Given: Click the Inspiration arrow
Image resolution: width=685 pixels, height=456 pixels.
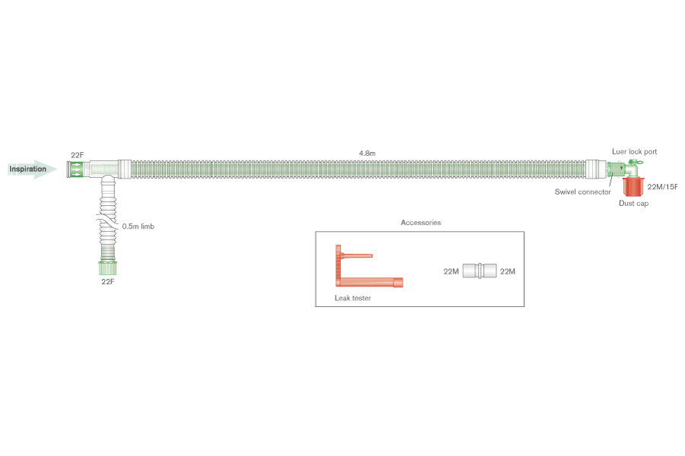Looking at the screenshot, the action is coord(32,169).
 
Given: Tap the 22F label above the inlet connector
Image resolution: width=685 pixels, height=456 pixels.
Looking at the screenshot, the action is coord(78,155).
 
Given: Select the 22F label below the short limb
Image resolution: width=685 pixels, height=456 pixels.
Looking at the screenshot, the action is coord(108,282).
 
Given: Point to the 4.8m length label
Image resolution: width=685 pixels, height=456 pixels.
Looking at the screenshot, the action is coord(367,154).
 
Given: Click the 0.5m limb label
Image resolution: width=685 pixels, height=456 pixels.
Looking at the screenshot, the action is coord(138,226).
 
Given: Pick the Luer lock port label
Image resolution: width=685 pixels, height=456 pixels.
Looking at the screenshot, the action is coord(634,151).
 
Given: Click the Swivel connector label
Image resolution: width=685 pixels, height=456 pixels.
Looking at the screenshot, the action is coord(582,192).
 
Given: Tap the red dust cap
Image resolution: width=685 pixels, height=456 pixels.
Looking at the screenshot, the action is coord(633,186).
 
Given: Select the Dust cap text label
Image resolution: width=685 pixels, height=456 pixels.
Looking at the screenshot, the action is coord(633,204).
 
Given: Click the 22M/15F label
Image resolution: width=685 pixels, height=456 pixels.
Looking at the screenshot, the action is coord(662,187).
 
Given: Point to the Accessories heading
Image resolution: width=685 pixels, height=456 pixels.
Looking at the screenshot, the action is coord(421,223).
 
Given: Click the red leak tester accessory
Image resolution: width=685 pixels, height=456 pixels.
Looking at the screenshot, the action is coord(369,266).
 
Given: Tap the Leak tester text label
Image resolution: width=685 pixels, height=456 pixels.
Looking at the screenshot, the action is coord(352,298).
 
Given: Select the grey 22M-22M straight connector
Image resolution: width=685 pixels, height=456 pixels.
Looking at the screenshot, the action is coord(479,271).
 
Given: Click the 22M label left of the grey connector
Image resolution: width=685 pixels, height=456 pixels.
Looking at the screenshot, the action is coord(451,271).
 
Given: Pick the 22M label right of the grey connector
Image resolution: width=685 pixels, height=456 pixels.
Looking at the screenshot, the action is coord(508,271).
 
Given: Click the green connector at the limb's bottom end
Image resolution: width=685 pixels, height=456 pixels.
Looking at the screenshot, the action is coord(107,268).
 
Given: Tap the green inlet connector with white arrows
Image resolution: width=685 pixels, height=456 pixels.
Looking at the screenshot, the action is coord(75,169).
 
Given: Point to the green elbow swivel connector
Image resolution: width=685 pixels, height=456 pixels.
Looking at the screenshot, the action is coord(624,169).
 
